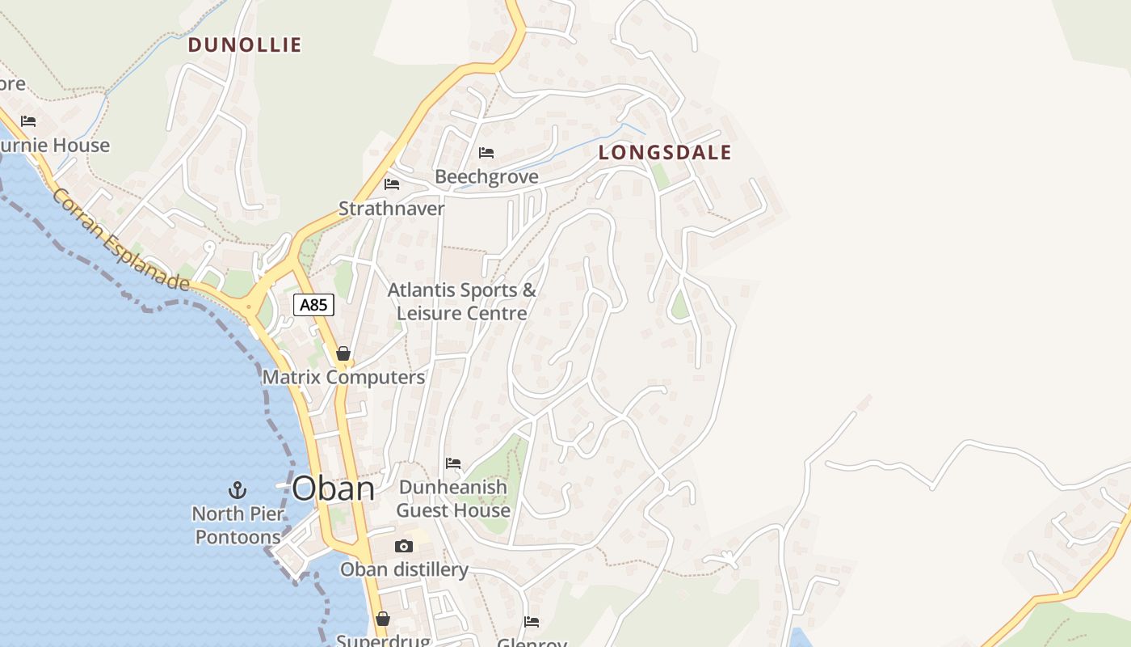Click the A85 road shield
(x=313, y=305)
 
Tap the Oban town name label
(x=333, y=488)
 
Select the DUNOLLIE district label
(x=245, y=45)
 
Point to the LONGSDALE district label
(x=665, y=153)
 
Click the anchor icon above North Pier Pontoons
(x=237, y=489)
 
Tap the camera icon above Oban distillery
(x=404, y=546)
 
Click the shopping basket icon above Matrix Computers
(x=343, y=353)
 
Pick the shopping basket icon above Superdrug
(x=383, y=619)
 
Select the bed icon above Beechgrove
(x=486, y=152)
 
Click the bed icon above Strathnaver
(x=392, y=184)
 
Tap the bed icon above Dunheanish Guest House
(x=453, y=463)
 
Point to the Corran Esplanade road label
(x=121, y=240)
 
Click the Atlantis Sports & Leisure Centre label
(x=462, y=302)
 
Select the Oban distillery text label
(x=404, y=569)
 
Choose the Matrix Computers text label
(x=343, y=377)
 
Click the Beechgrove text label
(x=486, y=176)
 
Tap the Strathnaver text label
(x=392, y=209)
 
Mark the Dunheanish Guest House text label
(x=453, y=499)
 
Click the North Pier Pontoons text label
(x=238, y=525)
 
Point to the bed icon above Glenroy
(x=532, y=621)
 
